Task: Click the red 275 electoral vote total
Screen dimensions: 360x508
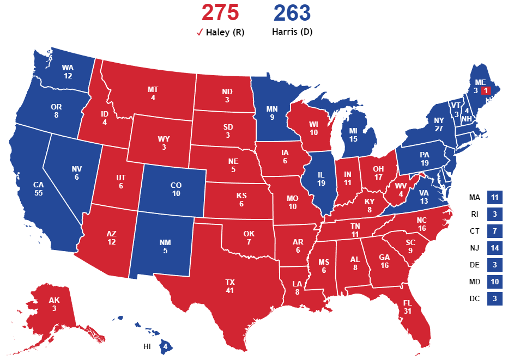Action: pyautogui.click(x=220, y=13)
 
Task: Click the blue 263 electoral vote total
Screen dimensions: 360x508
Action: pyautogui.click(x=292, y=13)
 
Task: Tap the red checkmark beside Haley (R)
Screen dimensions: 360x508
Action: pyautogui.click(x=199, y=33)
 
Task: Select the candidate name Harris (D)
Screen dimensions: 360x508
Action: pyautogui.click(x=292, y=32)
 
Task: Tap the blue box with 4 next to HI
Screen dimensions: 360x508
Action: pyautogui.click(x=165, y=346)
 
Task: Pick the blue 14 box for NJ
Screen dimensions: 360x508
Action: pyautogui.click(x=495, y=248)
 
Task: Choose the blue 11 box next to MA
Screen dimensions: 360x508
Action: pyautogui.click(x=495, y=198)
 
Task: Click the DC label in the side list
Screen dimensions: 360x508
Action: pyautogui.click(x=475, y=298)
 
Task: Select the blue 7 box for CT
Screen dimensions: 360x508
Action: pyautogui.click(x=495, y=231)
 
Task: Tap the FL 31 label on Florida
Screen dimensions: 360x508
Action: pyautogui.click(x=408, y=306)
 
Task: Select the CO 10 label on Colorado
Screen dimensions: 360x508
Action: pyautogui.click(x=176, y=189)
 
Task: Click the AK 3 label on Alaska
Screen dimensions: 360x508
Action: pyautogui.click(x=54, y=304)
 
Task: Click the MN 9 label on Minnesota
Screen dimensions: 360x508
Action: pyautogui.click(x=272, y=112)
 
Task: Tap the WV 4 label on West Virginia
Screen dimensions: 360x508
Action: pyautogui.click(x=402, y=188)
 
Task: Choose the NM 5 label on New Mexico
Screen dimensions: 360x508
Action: pyautogui.click(x=165, y=246)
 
